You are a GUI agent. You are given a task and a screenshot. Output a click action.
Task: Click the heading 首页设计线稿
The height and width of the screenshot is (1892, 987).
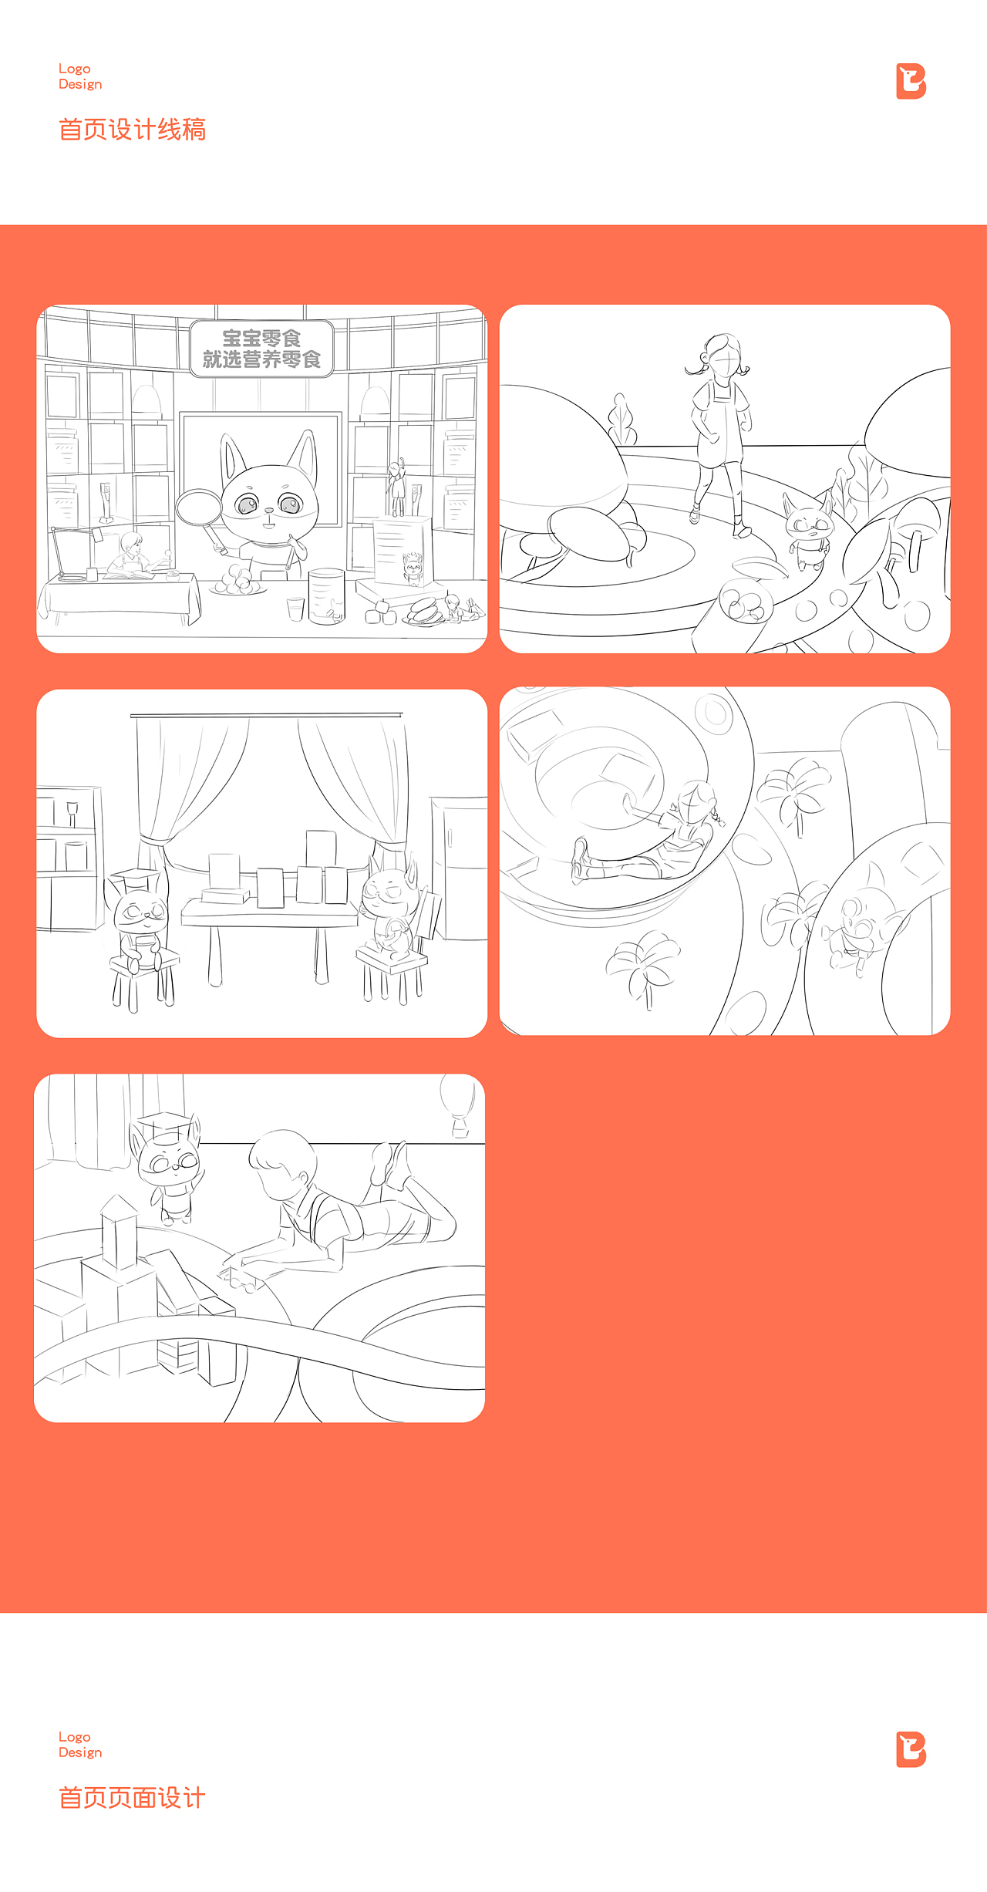coord(132,130)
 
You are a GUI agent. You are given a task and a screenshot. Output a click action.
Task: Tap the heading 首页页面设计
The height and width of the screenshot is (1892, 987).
coord(132,1798)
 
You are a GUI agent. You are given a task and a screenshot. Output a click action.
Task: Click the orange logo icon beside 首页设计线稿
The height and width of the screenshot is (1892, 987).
coord(911,82)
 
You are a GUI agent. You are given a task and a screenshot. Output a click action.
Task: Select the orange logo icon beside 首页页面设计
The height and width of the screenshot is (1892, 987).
coord(911,1749)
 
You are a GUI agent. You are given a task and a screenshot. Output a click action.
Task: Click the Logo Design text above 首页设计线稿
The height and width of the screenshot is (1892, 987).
coord(80,76)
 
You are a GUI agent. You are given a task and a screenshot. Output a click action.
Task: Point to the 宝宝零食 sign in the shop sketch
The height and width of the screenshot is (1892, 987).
coord(261,349)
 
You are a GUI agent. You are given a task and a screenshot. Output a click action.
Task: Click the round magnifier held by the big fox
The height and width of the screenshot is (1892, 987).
coord(199,508)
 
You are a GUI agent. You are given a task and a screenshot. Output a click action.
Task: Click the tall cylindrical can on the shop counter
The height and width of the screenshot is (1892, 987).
coord(326,596)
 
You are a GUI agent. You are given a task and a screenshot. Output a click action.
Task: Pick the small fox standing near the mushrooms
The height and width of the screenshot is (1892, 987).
coord(808,531)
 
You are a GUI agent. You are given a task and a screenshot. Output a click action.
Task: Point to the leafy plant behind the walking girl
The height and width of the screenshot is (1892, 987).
coord(622,421)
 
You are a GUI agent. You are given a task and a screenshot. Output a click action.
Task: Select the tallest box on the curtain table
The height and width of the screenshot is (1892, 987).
coord(321,849)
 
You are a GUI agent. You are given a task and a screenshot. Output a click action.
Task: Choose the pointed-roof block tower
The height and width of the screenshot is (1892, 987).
coord(119,1232)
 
